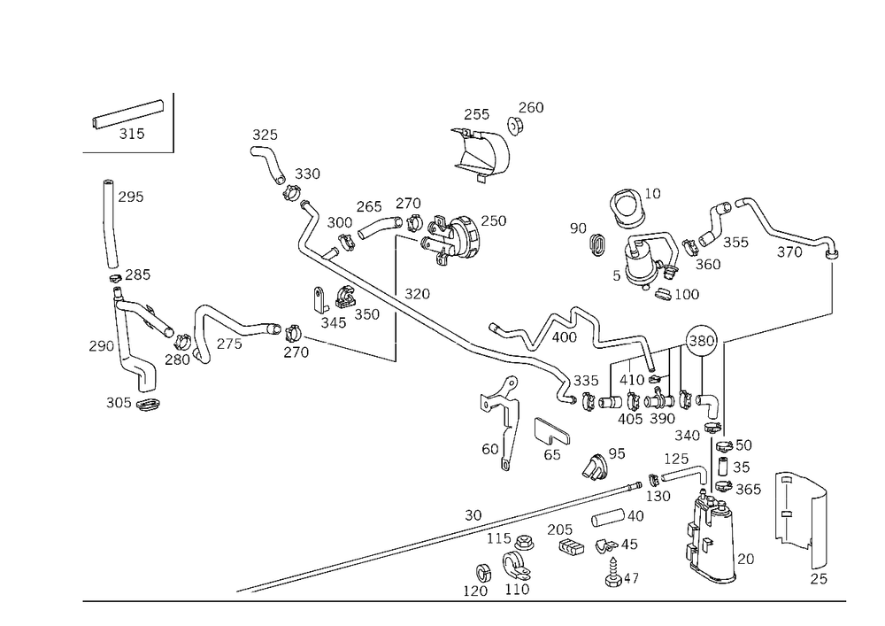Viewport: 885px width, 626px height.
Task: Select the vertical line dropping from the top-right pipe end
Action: tap(833, 283)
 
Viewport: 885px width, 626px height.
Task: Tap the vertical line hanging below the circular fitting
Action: tap(726, 390)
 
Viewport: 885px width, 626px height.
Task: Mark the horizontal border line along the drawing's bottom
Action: tap(465, 600)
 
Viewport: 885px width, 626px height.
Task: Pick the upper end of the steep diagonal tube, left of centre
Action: tap(262, 142)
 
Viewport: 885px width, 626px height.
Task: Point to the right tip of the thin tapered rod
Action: tap(396, 362)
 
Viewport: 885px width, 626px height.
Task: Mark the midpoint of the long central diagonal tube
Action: tap(460, 336)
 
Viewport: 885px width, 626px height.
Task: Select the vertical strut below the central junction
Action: tap(507, 434)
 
